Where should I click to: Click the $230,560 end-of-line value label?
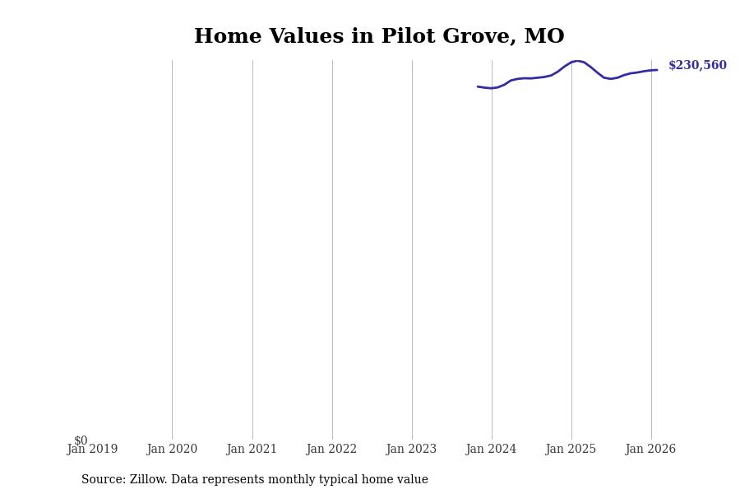697,66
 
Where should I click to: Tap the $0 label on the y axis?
81,440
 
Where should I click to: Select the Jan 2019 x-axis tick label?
92,450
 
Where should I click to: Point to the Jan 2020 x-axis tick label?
172,450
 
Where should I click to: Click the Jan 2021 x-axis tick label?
252,450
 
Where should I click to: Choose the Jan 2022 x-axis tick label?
331,450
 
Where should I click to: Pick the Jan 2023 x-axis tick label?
411,450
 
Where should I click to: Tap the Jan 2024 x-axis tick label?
491,450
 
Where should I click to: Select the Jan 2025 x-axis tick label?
571,450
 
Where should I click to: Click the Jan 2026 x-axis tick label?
650,450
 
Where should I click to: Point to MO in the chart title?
544,37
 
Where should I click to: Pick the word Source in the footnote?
103,480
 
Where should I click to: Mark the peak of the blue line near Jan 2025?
578,61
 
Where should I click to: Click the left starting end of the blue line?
478,86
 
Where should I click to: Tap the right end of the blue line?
656,70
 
